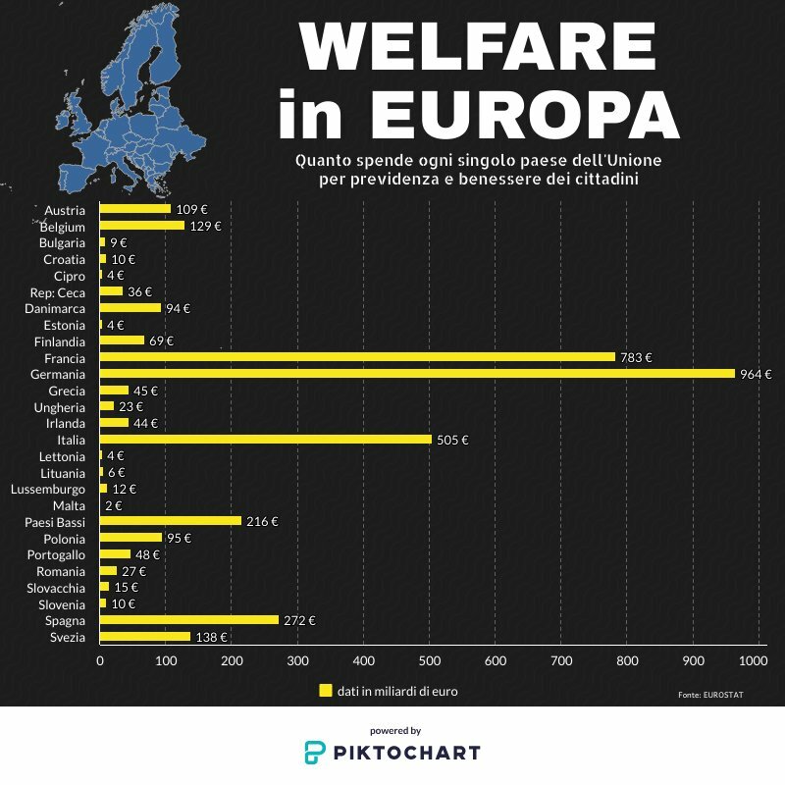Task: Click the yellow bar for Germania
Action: pos(417,374)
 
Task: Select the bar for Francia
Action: pos(357,357)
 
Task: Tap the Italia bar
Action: pos(266,440)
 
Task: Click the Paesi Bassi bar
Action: pos(171,521)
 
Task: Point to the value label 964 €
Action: pos(756,374)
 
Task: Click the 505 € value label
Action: pos(452,440)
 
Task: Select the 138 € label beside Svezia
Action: pos(211,637)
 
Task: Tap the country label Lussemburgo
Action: pos(48,489)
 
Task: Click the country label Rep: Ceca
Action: pos(59,291)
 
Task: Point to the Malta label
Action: pos(70,505)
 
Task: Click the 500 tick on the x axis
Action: pos(429,661)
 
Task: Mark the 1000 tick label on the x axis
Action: pos(753,661)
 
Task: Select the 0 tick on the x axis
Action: pos(100,661)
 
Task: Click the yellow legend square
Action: pos(326,691)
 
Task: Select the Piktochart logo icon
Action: pos(314,753)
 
